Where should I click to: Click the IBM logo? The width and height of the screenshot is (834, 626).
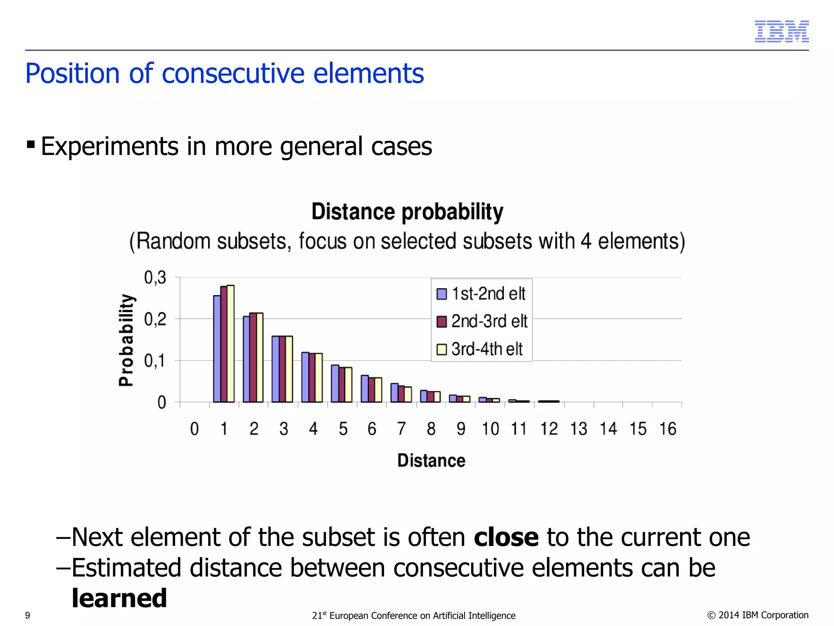(x=781, y=31)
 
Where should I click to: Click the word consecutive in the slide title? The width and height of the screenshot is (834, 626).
(x=233, y=74)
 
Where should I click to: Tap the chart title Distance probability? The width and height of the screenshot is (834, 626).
(x=407, y=212)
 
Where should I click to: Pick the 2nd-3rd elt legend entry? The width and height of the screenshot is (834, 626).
(x=483, y=322)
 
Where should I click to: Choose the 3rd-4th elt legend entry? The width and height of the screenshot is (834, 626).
(x=481, y=349)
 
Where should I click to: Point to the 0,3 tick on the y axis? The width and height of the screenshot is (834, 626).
(x=155, y=278)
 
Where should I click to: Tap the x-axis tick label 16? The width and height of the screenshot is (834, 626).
(x=667, y=429)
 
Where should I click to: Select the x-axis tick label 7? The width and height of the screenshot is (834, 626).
(x=401, y=429)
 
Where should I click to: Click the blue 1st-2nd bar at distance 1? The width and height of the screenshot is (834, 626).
(x=217, y=349)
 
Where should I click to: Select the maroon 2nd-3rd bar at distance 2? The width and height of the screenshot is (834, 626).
(x=253, y=357)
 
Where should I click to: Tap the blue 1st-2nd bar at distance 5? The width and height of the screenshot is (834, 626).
(x=335, y=384)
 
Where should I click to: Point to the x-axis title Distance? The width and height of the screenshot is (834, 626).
(x=431, y=461)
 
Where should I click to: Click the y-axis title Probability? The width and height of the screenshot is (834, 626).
(x=126, y=340)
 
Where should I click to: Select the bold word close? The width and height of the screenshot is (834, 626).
(x=506, y=537)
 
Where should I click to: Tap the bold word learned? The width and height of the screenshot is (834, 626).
(x=119, y=598)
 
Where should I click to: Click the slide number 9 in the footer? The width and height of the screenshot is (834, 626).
(x=28, y=615)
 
